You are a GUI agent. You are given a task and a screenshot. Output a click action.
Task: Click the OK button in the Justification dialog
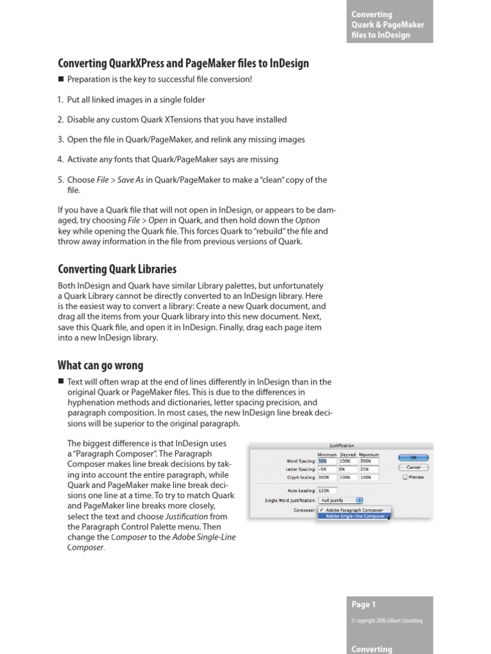[x=413, y=457]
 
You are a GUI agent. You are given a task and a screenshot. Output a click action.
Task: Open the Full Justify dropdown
[x=341, y=500]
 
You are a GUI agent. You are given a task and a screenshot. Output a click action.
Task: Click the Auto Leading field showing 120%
[x=327, y=490]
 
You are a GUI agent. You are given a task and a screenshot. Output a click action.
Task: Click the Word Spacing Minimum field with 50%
[x=327, y=460]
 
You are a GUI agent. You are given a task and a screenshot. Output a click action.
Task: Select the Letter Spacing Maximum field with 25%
[x=369, y=469]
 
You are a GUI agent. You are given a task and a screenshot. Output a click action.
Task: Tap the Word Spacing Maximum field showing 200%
[x=369, y=460]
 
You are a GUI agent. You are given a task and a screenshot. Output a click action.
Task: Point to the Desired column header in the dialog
[x=348, y=454]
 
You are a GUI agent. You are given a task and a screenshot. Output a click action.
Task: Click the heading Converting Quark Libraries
[x=117, y=269]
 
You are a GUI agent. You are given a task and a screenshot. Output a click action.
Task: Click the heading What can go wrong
[x=100, y=365]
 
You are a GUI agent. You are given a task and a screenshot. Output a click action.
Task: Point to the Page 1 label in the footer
[x=364, y=604]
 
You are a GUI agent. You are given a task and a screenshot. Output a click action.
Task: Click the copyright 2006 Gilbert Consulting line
[x=387, y=621]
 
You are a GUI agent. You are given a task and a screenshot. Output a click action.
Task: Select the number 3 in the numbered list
[x=60, y=140]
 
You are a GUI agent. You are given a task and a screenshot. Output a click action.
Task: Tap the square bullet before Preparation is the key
[x=61, y=80]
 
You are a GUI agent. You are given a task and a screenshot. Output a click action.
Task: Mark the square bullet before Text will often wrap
[x=61, y=382]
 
